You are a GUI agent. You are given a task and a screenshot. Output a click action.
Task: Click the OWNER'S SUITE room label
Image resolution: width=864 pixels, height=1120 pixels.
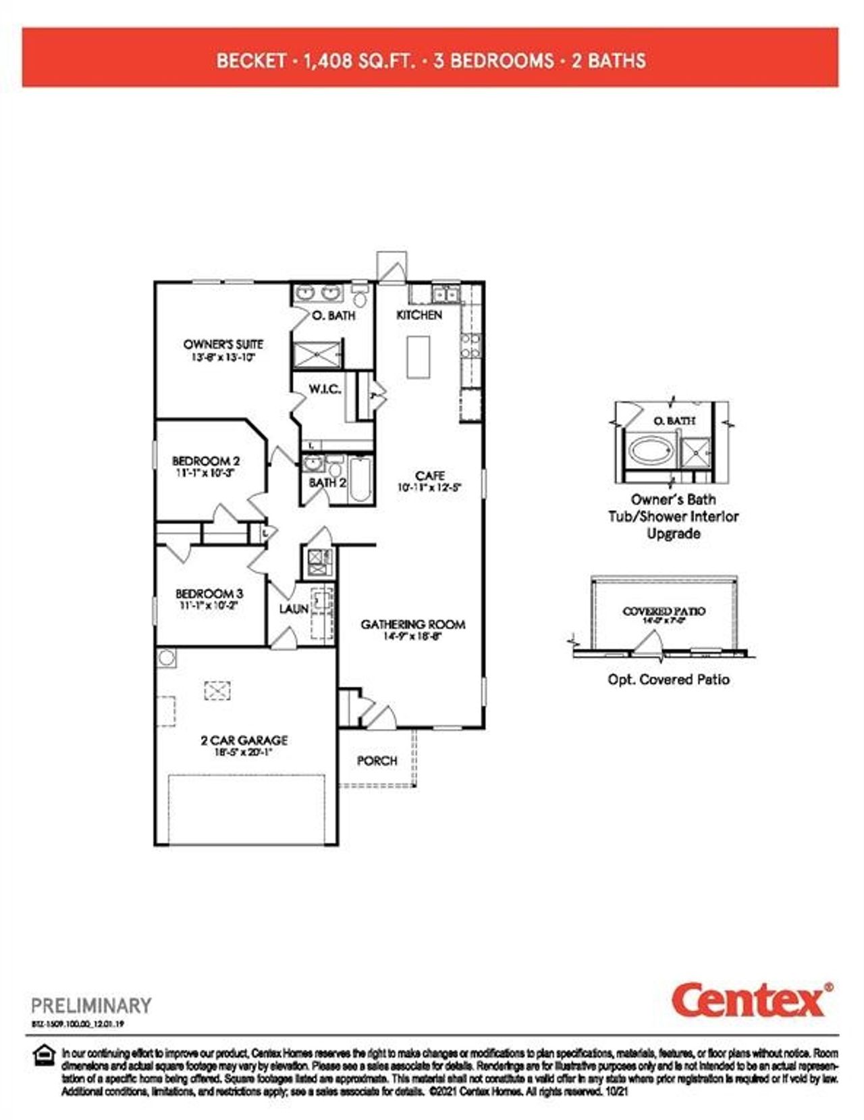tap(223, 344)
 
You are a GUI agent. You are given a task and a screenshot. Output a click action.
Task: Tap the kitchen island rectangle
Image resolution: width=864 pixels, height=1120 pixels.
tap(418, 357)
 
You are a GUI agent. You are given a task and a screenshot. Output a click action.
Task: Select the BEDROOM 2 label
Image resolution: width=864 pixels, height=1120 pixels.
tap(206, 461)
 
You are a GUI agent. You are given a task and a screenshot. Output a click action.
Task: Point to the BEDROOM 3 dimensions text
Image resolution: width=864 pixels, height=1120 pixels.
tap(209, 606)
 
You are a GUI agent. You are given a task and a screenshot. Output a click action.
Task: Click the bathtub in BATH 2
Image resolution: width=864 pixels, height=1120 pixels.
tap(360, 479)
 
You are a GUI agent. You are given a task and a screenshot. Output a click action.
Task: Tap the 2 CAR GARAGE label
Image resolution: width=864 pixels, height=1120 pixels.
tap(244, 740)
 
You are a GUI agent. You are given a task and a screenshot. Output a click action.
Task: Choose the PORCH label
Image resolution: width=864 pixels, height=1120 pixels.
tap(377, 761)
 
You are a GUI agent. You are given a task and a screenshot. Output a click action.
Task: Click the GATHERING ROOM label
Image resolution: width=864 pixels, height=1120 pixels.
tap(412, 624)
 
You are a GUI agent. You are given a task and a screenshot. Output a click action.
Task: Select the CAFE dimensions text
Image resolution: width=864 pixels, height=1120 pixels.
tap(429, 487)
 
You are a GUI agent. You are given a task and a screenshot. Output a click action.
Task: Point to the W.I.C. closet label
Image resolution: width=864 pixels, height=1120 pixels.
tap(325, 389)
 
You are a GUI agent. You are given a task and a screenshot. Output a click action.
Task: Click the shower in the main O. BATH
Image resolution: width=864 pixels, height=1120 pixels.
tap(317, 354)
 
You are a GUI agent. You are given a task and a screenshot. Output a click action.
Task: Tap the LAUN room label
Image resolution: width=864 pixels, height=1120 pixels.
tap(294, 609)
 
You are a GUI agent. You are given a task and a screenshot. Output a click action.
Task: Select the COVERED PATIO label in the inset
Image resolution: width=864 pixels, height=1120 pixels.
tap(664, 611)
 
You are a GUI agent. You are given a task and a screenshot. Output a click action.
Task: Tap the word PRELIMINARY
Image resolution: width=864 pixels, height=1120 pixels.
tap(92, 1005)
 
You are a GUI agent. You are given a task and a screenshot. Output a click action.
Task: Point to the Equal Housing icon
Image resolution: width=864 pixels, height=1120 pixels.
tap(45, 1056)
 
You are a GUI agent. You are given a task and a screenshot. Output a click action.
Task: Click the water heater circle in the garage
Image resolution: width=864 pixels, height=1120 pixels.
tap(167, 657)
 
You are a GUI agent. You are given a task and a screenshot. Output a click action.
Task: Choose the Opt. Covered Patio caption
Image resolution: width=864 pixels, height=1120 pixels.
tap(668, 680)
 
